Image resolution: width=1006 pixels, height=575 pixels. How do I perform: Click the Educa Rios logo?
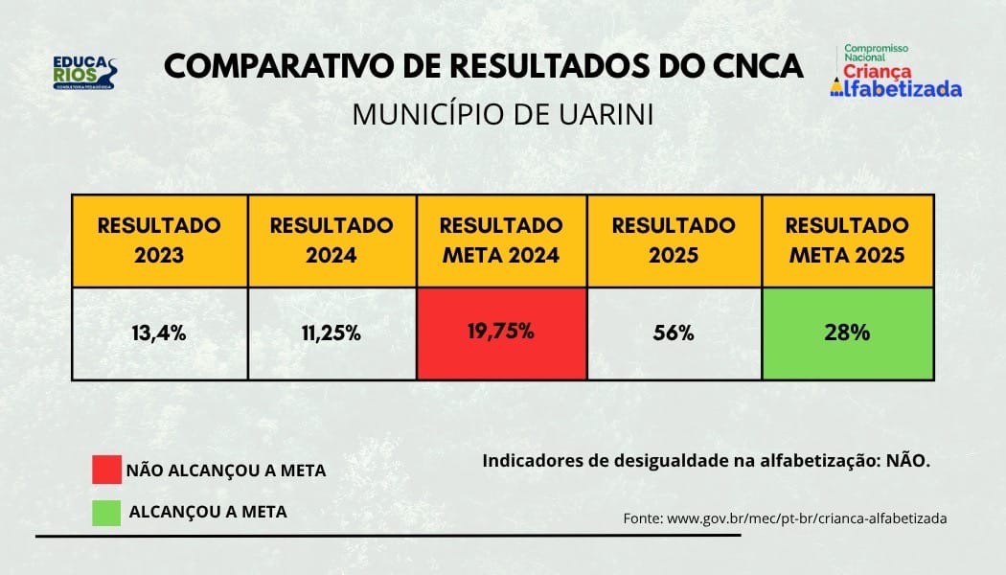pyautogui.click(x=85, y=73)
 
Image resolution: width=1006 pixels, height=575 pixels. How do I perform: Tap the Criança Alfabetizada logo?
pyautogui.click(x=895, y=71)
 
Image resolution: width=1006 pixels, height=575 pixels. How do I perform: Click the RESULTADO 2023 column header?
pyautogui.click(x=159, y=240)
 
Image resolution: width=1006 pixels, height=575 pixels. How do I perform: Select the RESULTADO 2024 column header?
pyautogui.click(x=332, y=240)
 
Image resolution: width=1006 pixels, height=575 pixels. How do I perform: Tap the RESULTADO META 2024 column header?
pyautogui.click(x=501, y=240)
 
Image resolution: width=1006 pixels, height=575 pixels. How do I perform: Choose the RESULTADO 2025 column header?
pyautogui.click(x=674, y=240)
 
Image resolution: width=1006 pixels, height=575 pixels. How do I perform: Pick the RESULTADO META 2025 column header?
pyautogui.click(x=847, y=240)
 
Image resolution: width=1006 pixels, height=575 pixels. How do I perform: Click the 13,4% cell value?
pyautogui.click(x=159, y=333)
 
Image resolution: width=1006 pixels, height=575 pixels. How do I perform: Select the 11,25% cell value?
pyautogui.click(x=332, y=333)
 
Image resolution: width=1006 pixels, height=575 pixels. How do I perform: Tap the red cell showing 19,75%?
pyautogui.click(x=501, y=333)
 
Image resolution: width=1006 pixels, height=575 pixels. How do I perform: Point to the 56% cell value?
pyautogui.click(x=674, y=333)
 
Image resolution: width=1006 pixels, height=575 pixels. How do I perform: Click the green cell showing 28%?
pyautogui.click(x=847, y=333)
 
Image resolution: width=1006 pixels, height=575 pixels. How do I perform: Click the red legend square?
pyautogui.click(x=106, y=470)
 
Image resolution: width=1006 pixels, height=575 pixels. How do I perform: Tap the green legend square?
pyautogui.click(x=106, y=512)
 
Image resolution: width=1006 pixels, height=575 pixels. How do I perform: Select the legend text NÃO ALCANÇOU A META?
pyautogui.click(x=226, y=471)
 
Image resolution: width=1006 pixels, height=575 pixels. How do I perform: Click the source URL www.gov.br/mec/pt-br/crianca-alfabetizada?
pyautogui.click(x=807, y=517)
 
